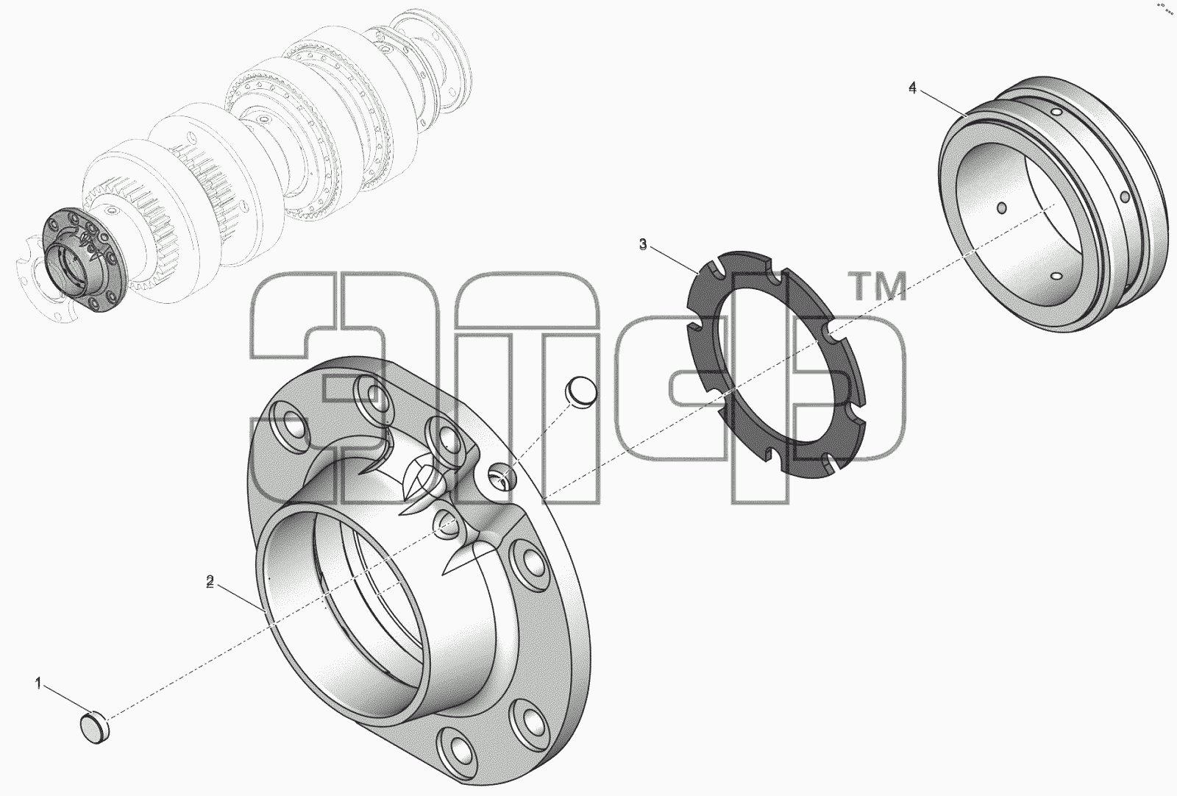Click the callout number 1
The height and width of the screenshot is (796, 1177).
[x=38, y=683]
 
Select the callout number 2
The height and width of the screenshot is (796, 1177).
[x=210, y=582]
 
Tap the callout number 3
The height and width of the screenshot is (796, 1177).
[x=643, y=244]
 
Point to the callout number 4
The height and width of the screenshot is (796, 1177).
[x=913, y=88]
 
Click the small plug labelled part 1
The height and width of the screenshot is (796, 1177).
[x=95, y=727]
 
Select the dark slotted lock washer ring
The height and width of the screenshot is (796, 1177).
[x=775, y=363]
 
